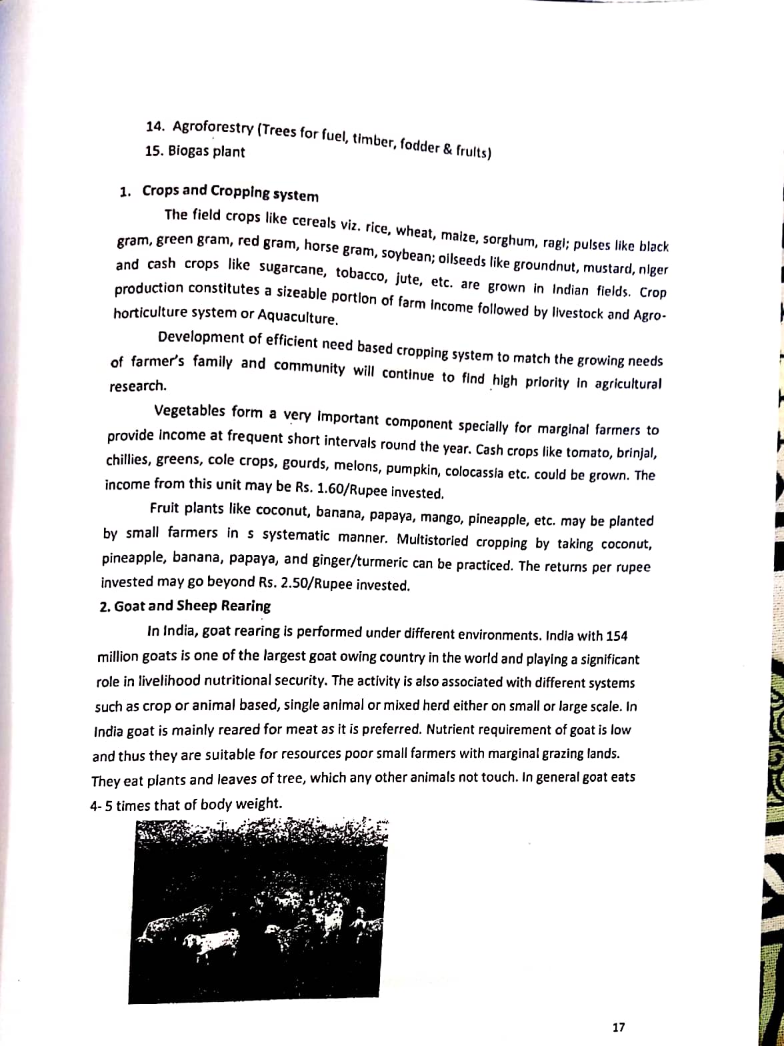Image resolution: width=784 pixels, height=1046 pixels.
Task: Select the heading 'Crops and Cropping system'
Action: (x=230, y=192)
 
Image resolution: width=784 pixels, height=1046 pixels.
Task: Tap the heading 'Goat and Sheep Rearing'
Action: (x=192, y=606)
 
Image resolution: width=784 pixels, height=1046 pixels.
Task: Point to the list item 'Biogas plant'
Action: (x=206, y=151)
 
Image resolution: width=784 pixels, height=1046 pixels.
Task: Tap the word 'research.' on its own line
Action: (x=138, y=386)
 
